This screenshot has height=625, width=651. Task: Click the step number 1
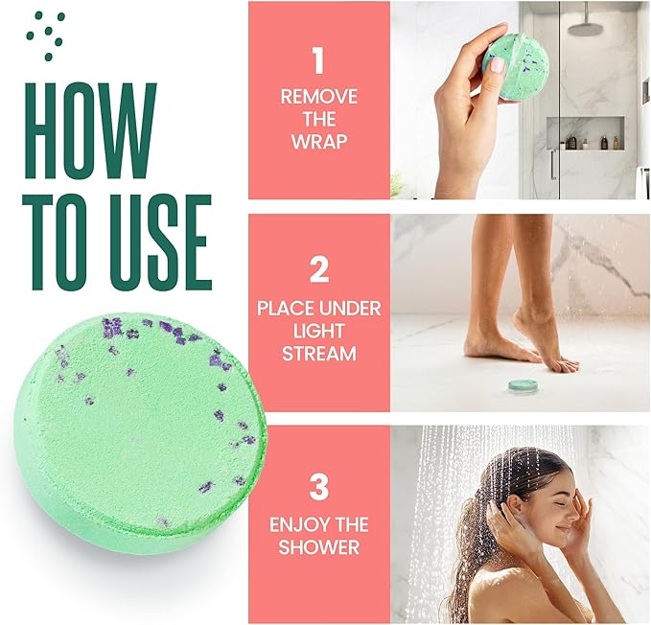coord(318,60)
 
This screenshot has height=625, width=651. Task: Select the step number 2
coord(318,269)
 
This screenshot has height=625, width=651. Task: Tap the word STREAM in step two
coord(318,354)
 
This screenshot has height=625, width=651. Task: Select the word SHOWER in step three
coord(318,547)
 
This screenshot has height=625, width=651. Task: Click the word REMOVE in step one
coord(318,97)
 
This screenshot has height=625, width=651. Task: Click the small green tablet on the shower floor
coord(523,385)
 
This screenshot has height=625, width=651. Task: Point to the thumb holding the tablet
coord(499,63)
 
